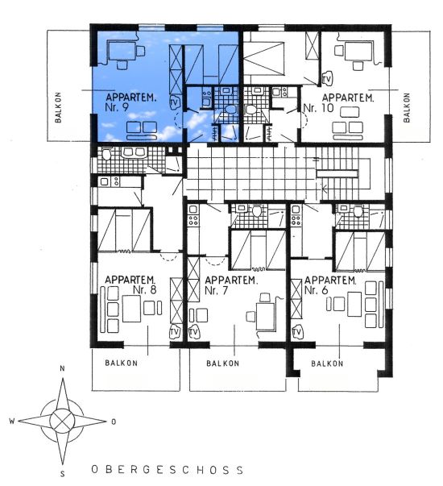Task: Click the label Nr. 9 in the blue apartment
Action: pos(117,107)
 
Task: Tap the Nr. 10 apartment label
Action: pos(318,108)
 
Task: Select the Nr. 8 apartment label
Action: pos(145,290)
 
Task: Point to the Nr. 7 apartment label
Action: pos(216,290)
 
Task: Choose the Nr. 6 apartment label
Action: pos(316,290)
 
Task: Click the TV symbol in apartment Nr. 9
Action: pos(175,103)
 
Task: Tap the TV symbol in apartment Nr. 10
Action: pos(326,79)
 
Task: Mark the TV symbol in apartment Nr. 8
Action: pos(175,332)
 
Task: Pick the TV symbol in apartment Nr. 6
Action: pos(297,332)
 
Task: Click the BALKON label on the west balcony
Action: pos(58,107)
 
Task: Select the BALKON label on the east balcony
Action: pos(407,107)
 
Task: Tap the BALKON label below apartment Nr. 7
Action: pos(223,363)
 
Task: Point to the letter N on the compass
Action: pos(62,368)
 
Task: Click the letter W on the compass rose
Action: pos(12,421)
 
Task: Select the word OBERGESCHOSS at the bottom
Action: pos(168,470)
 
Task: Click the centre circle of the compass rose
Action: pos(62,421)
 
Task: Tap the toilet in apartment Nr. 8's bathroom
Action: pos(106,154)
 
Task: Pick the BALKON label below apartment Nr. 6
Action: pos(327,363)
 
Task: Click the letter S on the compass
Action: pos(63,474)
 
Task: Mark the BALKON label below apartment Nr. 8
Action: pos(121,363)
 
